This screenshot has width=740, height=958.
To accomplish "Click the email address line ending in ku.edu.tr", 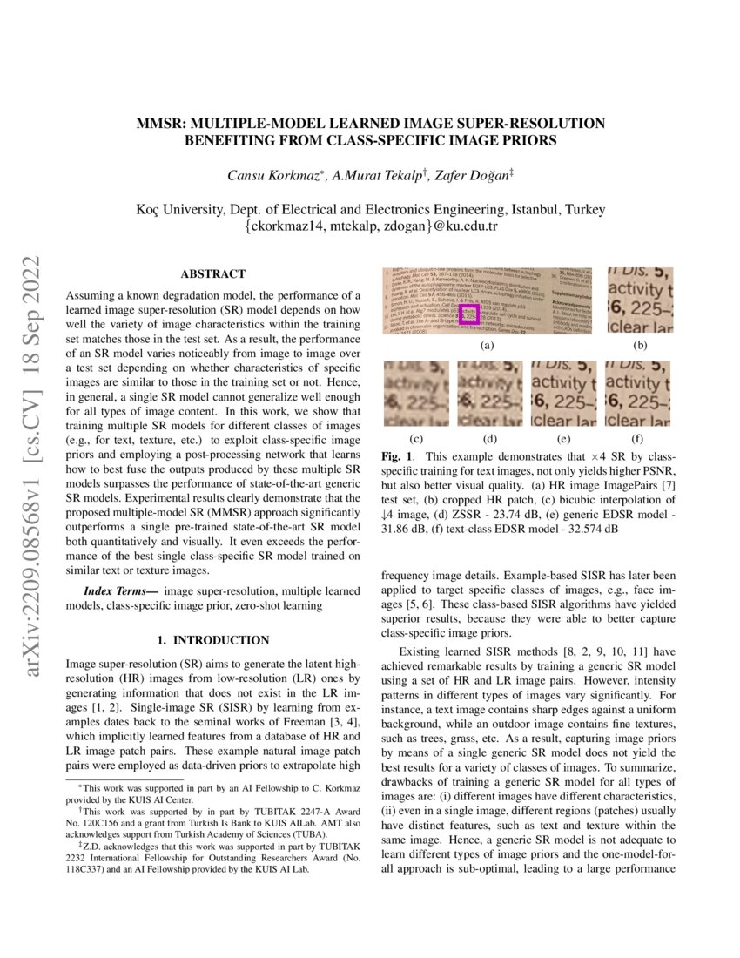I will (370, 226).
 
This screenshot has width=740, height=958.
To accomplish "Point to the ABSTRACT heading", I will (212, 273).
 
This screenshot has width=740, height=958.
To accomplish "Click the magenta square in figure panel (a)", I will (468, 315).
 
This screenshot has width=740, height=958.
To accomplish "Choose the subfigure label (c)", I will (416, 438).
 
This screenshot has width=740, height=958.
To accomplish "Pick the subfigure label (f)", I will (638, 438).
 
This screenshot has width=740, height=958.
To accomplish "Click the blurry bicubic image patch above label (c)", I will (416, 394).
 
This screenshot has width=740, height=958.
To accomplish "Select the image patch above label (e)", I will (564, 394).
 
